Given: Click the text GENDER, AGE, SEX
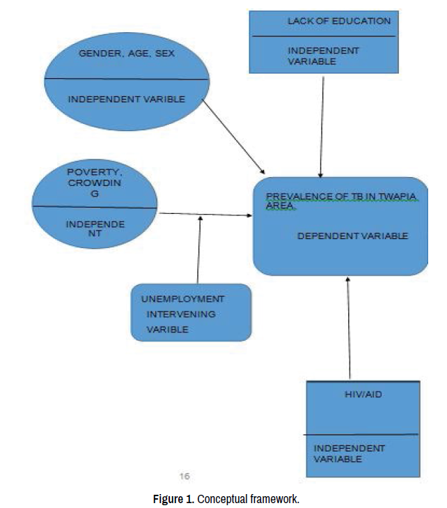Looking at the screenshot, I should pyautogui.click(x=126, y=53).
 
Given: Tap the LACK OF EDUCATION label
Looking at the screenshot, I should pyautogui.click(x=339, y=22).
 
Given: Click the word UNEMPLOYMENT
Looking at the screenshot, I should pyautogui.click(x=183, y=299).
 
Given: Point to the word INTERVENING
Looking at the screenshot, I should pyautogui.click(x=180, y=314).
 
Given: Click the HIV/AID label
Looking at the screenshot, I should pyautogui.click(x=363, y=394).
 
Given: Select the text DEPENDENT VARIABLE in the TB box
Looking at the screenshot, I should pyautogui.click(x=352, y=236).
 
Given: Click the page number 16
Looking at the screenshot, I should pyautogui.click(x=185, y=477).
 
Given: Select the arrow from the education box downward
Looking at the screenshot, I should pyautogui.click(x=322, y=125).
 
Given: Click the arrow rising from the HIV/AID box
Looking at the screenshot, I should pyautogui.click(x=348, y=328).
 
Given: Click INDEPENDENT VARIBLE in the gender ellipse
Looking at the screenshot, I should pyautogui.click(x=126, y=100).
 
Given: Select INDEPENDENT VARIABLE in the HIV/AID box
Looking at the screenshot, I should pyautogui.click(x=348, y=454).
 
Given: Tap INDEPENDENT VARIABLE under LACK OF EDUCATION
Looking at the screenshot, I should pyautogui.click(x=323, y=56).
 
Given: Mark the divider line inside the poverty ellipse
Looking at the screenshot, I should pyautogui.click(x=95, y=207).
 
